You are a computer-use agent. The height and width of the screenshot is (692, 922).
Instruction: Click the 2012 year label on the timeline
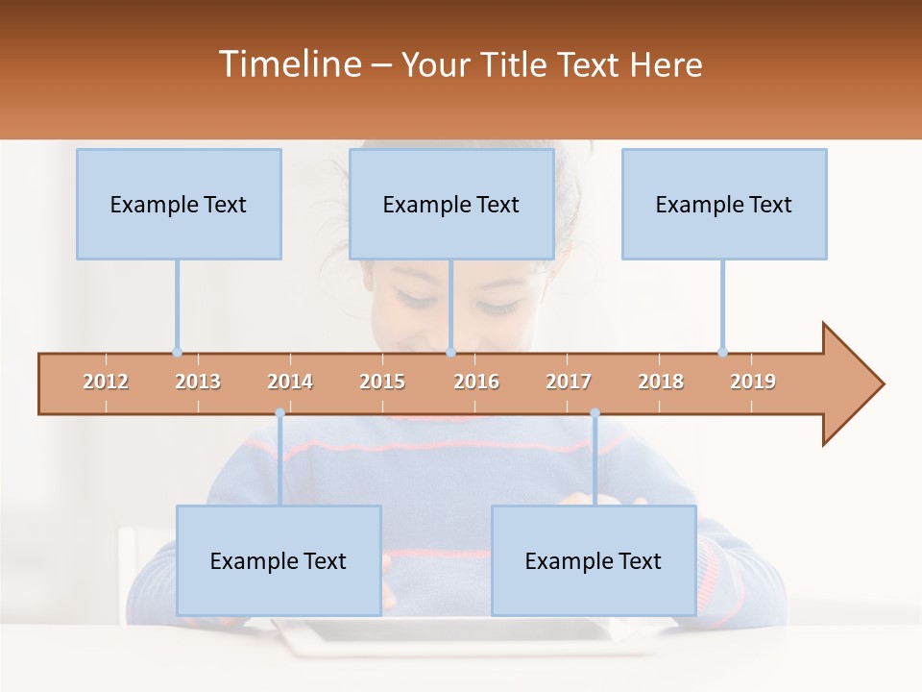[106, 382]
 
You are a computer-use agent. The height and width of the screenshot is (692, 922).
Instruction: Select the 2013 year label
[198, 382]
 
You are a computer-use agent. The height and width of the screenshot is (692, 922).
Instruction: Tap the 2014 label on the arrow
[290, 382]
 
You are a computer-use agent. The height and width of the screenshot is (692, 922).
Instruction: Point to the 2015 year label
[382, 382]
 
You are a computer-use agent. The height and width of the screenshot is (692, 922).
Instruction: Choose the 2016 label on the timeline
[476, 382]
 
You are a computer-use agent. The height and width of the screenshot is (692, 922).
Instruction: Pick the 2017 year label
[569, 382]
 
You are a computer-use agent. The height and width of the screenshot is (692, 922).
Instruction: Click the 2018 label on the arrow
[661, 382]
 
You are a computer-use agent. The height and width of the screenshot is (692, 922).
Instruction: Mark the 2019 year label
[753, 382]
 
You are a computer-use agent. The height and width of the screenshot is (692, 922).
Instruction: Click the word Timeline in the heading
[289, 64]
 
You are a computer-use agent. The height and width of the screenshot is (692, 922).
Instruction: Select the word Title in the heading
[514, 64]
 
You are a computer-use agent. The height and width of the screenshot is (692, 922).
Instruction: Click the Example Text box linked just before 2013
[179, 204]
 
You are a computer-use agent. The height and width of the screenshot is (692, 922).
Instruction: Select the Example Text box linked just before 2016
[451, 204]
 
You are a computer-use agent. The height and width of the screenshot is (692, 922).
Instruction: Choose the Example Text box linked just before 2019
[724, 204]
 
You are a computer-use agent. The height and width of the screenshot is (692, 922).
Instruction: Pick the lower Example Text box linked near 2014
[279, 560]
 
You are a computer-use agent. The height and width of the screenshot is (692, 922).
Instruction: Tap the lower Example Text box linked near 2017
[594, 560]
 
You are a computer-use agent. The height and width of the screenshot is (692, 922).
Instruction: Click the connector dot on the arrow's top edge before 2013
[177, 352]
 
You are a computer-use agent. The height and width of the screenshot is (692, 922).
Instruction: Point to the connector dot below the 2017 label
[594, 413]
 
